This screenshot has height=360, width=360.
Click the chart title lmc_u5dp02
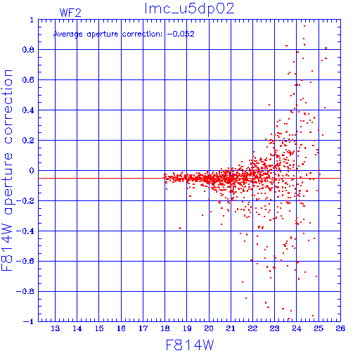tap(189, 9)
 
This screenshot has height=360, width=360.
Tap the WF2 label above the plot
tap(70, 13)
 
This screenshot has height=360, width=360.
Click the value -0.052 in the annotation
tap(181, 34)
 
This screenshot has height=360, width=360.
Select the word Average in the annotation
tap(68, 34)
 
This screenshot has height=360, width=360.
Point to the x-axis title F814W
tap(190, 345)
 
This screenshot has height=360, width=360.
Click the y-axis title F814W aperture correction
tap(7, 170)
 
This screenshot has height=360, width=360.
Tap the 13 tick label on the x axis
tap(56, 328)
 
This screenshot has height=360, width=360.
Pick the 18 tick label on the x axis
tap(165, 328)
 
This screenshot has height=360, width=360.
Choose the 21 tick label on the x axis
tap(231, 328)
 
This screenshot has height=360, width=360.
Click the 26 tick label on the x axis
tap(340, 328)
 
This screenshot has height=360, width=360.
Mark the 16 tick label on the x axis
tap(121, 328)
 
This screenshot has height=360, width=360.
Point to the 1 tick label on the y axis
tap(32, 20)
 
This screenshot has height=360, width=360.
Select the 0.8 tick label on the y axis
tap(28, 50)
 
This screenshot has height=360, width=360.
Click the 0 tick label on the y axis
tap(32, 171)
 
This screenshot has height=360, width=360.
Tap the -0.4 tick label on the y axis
tap(25, 231)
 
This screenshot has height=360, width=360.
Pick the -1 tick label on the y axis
tap(29, 321)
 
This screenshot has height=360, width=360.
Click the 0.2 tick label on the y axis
tap(28, 141)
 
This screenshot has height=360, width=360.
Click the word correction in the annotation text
tap(142, 34)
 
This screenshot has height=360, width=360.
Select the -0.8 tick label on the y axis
tap(25, 291)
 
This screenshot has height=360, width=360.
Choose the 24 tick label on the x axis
tap(297, 328)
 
